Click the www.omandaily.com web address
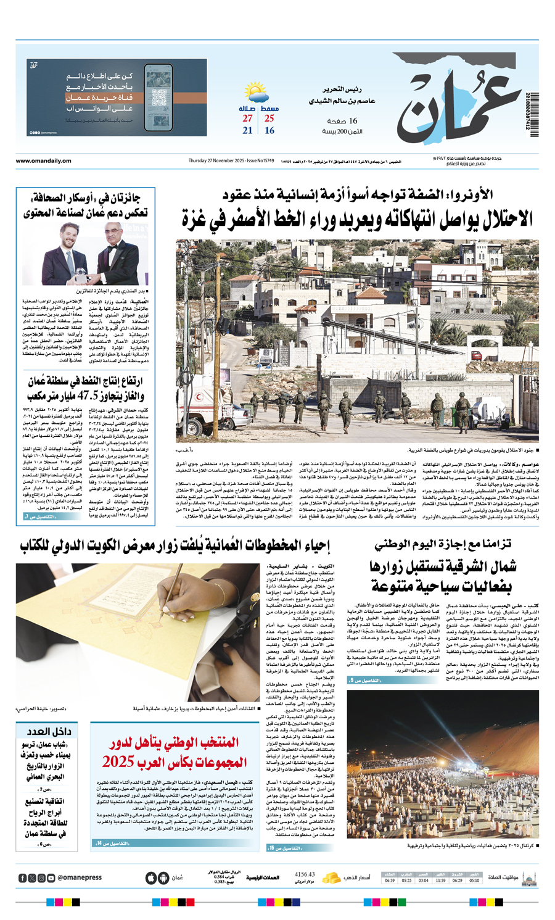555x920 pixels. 43,161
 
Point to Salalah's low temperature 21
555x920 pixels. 247,131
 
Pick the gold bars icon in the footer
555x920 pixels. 331,877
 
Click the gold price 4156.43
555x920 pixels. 305,874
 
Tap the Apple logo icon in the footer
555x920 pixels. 150,877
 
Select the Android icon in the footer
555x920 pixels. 163,877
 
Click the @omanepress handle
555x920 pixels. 80,877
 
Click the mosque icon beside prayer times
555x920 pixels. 529,877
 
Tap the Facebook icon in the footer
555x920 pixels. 23,877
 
